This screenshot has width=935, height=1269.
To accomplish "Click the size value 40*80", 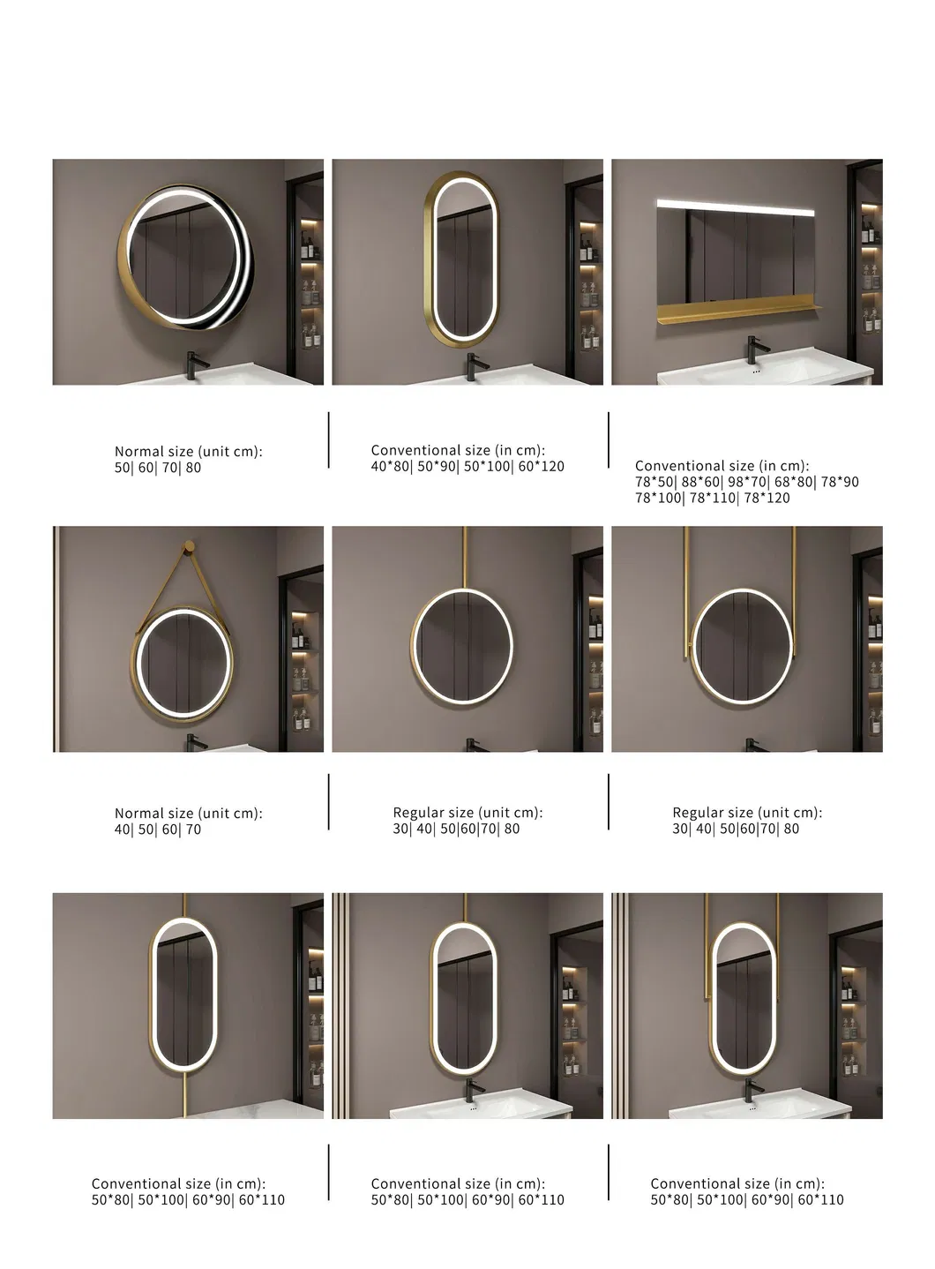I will pyautogui.click(x=389, y=466).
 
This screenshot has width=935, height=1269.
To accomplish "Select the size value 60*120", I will pyautogui.click(x=541, y=466).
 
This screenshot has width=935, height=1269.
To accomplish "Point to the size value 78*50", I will pyautogui.click(x=653, y=482).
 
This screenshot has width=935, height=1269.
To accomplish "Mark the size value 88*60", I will pyautogui.click(x=699, y=482).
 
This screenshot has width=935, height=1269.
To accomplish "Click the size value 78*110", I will pyautogui.click(x=714, y=498).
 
